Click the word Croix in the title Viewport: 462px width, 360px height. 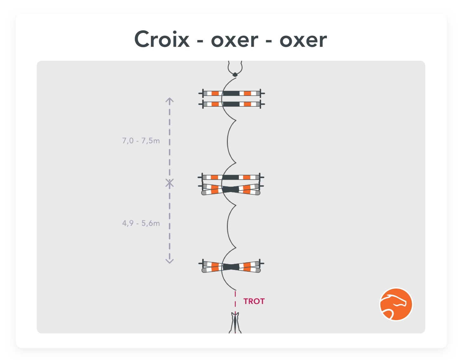click(162, 40)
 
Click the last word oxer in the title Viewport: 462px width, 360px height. click(303, 40)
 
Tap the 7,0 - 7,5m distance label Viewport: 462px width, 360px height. click(141, 141)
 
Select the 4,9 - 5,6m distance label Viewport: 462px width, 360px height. click(141, 223)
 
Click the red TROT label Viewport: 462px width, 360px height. click(254, 301)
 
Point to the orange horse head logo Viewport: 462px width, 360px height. click(396, 304)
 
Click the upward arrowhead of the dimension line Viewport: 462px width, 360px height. click(170, 101)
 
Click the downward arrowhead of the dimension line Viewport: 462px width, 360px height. click(170, 261)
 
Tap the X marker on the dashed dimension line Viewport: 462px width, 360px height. click(170, 183)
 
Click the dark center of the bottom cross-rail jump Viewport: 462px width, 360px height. click(231, 267)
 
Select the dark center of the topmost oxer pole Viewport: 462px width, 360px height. click(231, 93)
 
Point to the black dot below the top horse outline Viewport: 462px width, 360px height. click(235, 75)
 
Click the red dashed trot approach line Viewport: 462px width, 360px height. click(235, 299)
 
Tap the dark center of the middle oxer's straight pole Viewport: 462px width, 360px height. click(231, 177)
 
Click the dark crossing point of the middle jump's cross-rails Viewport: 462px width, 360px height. click(231, 189)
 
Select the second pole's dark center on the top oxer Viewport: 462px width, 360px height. click(231, 104)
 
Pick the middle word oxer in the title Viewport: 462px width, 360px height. click(234, 40)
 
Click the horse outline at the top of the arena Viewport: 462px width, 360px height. click(235, 67)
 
